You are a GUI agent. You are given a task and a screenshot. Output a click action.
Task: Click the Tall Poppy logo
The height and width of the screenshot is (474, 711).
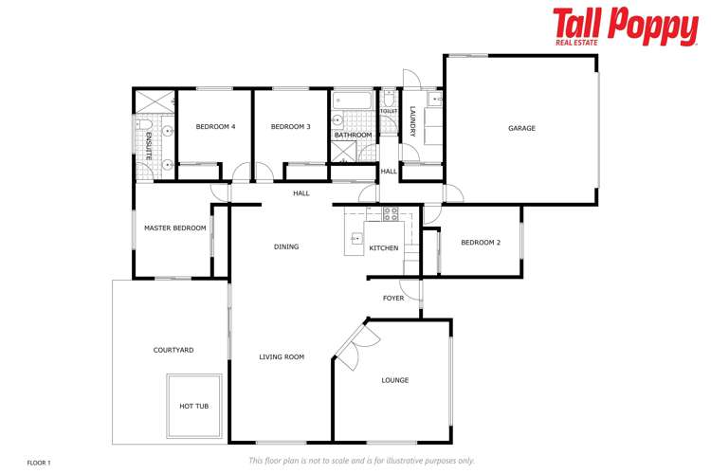coord(625,27)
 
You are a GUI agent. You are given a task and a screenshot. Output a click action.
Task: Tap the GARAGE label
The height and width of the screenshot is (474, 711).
coord(521,128)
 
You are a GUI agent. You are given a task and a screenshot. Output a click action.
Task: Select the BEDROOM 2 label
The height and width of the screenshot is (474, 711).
coord(481,243)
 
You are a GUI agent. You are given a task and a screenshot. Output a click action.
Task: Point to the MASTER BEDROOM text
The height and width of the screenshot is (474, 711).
coord(174,228)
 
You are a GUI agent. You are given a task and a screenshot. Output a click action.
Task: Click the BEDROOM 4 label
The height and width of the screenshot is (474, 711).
coord(215,127)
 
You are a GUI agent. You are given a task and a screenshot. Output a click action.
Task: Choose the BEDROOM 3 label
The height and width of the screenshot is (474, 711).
coord(290,127)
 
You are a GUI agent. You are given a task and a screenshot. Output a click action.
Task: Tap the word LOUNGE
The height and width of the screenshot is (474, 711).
coord(395,380)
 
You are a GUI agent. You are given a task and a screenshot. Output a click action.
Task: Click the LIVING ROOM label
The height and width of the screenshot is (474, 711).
coord(282,357)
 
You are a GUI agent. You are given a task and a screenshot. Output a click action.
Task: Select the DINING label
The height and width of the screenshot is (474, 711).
coord(286,247)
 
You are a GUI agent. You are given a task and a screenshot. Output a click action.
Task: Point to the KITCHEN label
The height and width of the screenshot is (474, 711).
coord(384,248)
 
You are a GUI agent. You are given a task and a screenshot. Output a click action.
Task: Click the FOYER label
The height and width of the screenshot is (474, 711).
coord(393,299)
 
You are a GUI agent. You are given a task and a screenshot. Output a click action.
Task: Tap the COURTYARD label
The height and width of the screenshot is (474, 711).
coord(173,351)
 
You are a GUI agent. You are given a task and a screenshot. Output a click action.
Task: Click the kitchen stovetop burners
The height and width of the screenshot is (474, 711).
coord(390,214)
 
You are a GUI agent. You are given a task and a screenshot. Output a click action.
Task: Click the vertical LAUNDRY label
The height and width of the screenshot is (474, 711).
coord(412,119)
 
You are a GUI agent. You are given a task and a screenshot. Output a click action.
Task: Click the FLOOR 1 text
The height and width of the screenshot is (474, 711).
coord(39,463)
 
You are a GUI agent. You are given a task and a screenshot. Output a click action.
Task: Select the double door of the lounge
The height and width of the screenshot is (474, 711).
coord(348,344)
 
